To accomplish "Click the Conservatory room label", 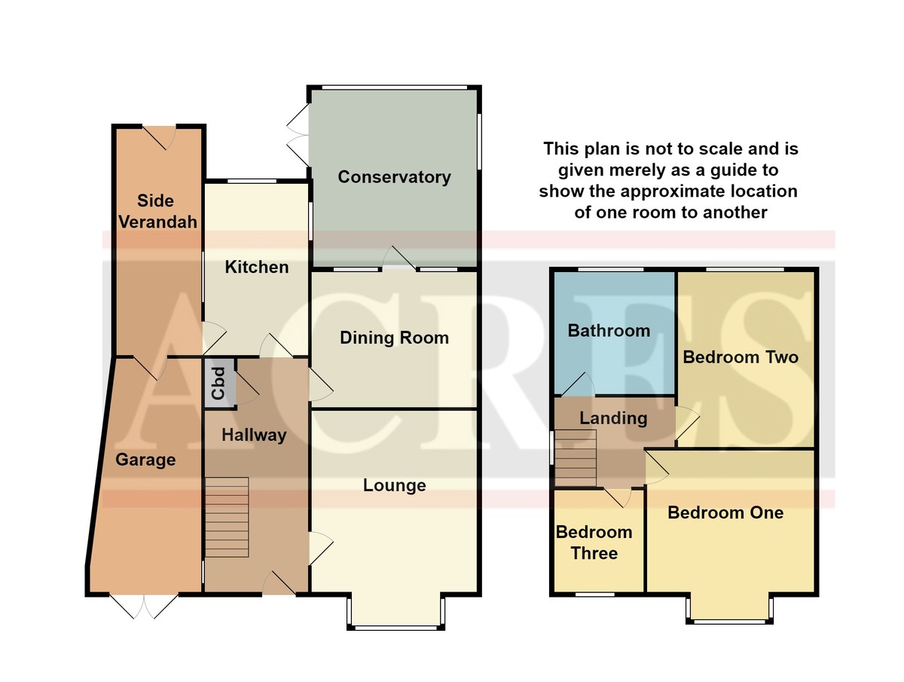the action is coord(394,177).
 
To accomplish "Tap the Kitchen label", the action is coord(257,268).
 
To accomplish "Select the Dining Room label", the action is coord(394,338).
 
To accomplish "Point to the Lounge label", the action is coord(394,485).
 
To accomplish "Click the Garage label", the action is coord(145,460).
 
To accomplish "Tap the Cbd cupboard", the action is coord(219,384).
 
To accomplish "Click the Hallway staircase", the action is coord(227,517).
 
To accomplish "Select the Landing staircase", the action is coord(576,458).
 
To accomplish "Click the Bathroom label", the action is coord(609,331).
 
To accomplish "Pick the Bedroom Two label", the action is coord(741,357).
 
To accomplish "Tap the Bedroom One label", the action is coord(725,512).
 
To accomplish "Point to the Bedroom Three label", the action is coord(594,543).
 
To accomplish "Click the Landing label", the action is coord(613,418).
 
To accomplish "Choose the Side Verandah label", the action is coord(157,212).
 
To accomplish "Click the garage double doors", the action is coord(144,606).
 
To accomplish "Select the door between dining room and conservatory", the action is coord(399,258).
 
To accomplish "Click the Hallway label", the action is coord(254,436).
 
